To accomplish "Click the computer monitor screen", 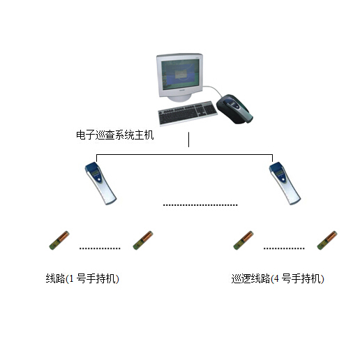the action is tap(181, 74).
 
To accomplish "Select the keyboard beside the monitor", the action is tap(188, 113).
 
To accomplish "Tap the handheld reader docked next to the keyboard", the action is tap(234, 109).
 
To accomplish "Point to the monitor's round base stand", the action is tap(179, 98).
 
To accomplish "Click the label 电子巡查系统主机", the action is tap(115, 135).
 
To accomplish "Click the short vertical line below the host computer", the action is tap(188, 140).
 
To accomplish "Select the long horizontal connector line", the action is tap(184, 154).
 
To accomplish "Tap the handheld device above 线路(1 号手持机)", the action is tap(100, 183).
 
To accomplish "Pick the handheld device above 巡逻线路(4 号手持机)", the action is tap(285, 183).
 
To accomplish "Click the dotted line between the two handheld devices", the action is tap(200, 205).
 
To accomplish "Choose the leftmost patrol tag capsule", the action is tap(59, 241).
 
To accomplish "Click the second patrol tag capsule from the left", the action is tap(143, 241).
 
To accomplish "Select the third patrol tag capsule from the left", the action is tap(243, 241).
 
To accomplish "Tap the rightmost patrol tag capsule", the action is tap(327, 241).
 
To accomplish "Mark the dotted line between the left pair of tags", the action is tap(100, 248).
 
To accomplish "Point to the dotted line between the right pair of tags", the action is tap(284, 248).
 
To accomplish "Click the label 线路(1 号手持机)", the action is tap(82, 278).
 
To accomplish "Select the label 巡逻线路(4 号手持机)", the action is tap(278, 278).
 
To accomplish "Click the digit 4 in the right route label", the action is tap(276, 278).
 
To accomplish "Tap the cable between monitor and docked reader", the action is tap(214, 89).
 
